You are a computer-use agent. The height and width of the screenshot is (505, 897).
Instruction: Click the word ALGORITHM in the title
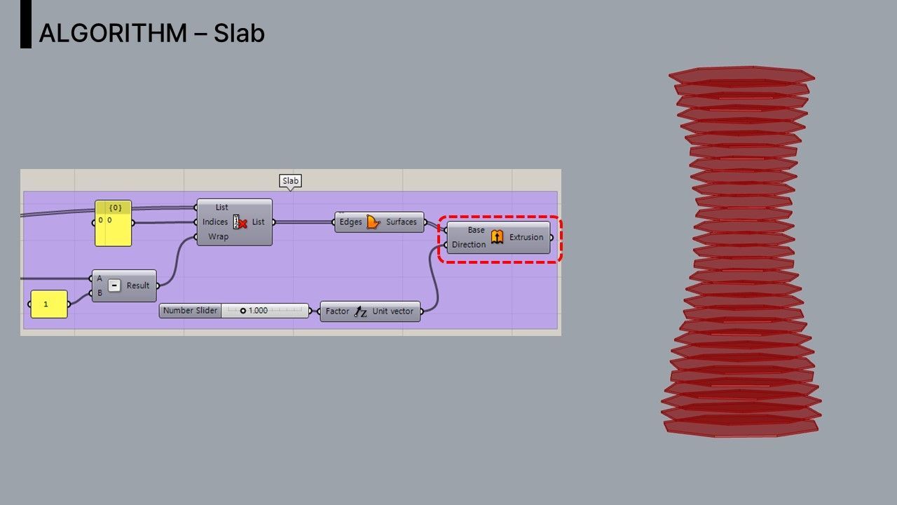(113, 33)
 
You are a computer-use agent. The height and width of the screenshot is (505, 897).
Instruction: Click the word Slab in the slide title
(239, 33)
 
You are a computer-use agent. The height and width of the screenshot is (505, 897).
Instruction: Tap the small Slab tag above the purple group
(290, 181)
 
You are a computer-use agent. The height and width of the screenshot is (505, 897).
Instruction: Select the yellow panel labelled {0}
(114, 223)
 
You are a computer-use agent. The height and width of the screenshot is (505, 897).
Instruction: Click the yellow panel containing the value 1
(49, 304)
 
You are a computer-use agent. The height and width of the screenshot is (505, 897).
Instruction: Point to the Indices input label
(215, 222)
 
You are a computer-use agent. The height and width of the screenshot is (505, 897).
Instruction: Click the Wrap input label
(218, 237)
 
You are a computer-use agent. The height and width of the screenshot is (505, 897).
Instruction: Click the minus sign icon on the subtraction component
(114, 285)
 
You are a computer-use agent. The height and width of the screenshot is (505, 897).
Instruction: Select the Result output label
(138, 285)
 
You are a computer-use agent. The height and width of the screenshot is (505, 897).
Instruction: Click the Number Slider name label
(190, 311)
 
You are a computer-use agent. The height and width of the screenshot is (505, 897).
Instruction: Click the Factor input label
(337, 311)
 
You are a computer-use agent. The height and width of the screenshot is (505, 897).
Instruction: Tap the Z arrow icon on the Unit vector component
(360, 311)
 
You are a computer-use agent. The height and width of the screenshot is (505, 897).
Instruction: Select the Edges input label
(350, 222)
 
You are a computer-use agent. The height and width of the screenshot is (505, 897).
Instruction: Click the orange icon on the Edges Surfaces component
(374, 222)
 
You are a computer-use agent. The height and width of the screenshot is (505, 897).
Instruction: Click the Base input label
(476, 230)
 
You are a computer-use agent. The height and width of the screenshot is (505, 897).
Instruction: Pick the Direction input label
(469, 245)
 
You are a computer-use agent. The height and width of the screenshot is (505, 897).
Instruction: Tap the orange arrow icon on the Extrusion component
(497, 237)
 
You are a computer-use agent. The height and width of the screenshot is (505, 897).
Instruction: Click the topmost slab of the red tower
(741, 74)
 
